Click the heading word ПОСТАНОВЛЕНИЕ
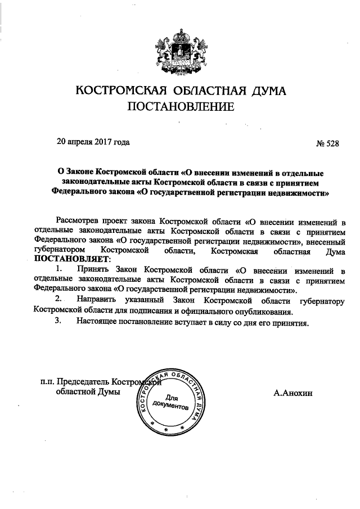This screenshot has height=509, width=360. tap(180, 106)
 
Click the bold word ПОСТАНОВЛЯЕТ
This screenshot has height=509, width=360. tap(73, 259)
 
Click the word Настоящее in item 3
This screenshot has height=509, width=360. tap(100, 322)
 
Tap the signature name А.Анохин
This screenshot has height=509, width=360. tap(293, 394)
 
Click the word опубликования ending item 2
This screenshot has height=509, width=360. tap(264, 311)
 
